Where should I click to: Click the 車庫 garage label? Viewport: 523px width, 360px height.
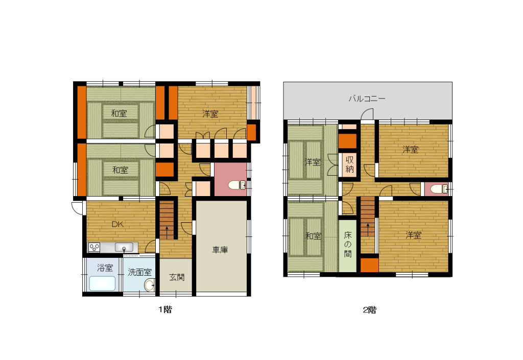[220, 250]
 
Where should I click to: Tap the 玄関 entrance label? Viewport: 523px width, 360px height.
[177, 277]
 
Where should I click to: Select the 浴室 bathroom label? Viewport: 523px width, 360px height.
[105, 268]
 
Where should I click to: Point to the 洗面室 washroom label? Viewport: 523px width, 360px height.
[140, 272]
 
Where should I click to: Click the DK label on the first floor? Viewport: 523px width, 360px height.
[118, 224]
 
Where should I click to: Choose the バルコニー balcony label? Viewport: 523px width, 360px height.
[367, 99]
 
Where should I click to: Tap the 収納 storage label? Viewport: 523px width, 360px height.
[349, 164]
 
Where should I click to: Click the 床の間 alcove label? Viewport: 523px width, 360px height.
[348, 244]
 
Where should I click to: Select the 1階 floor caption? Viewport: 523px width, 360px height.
[165, 309]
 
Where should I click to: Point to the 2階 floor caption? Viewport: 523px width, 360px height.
[370, 310]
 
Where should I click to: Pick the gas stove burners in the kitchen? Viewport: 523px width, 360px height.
[94, 248]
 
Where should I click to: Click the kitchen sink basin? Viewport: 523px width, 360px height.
[124, 247]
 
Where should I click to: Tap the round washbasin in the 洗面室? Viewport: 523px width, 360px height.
[150, 285]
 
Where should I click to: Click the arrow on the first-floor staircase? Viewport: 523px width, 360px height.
[167, 231]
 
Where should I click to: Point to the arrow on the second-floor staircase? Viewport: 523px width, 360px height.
[368, 229]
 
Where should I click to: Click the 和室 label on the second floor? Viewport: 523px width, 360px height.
[314, 236]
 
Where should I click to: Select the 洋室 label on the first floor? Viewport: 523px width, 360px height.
[210, 114]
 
